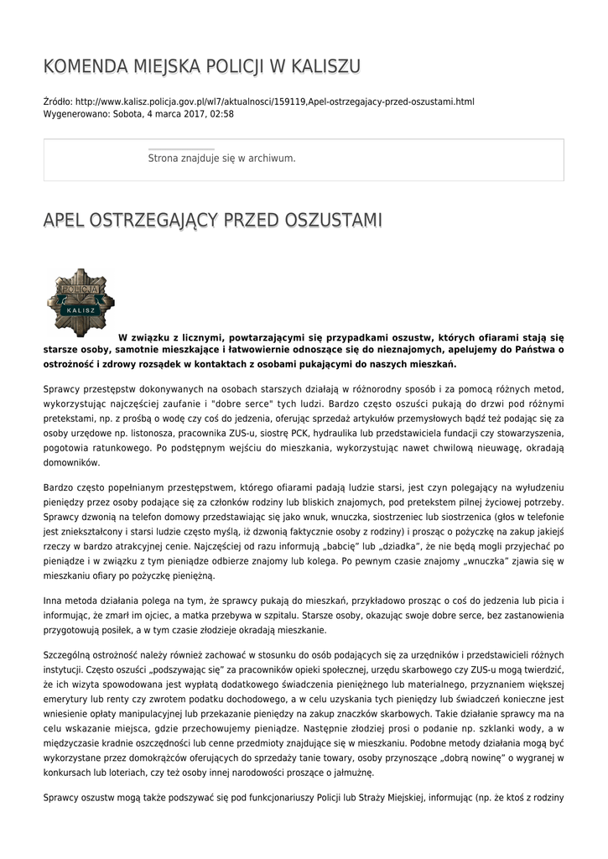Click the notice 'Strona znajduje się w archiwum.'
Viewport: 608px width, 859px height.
pos(221,158)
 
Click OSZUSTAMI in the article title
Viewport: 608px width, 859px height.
pos(334,221)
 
